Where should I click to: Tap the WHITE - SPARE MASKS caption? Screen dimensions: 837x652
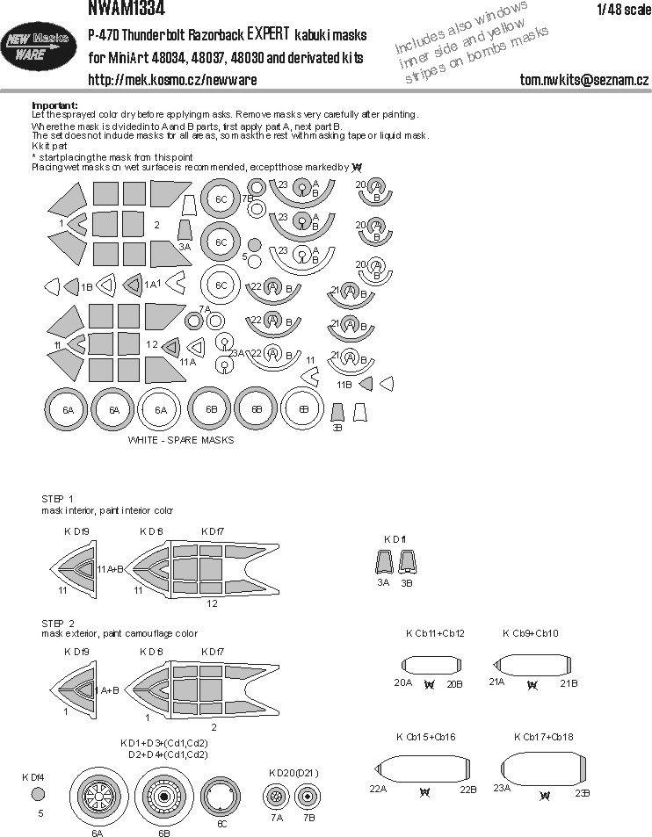click(181, 440)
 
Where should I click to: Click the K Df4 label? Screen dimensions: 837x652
click(35, 776)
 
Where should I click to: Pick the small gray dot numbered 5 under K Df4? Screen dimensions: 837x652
click(36, 793)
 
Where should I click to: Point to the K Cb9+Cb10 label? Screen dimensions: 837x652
click(531, 633)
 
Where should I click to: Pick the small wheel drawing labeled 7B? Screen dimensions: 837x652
click(306, 797)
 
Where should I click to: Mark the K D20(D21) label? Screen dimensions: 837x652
click(293, 773)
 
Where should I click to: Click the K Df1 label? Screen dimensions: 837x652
click(395, 538)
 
